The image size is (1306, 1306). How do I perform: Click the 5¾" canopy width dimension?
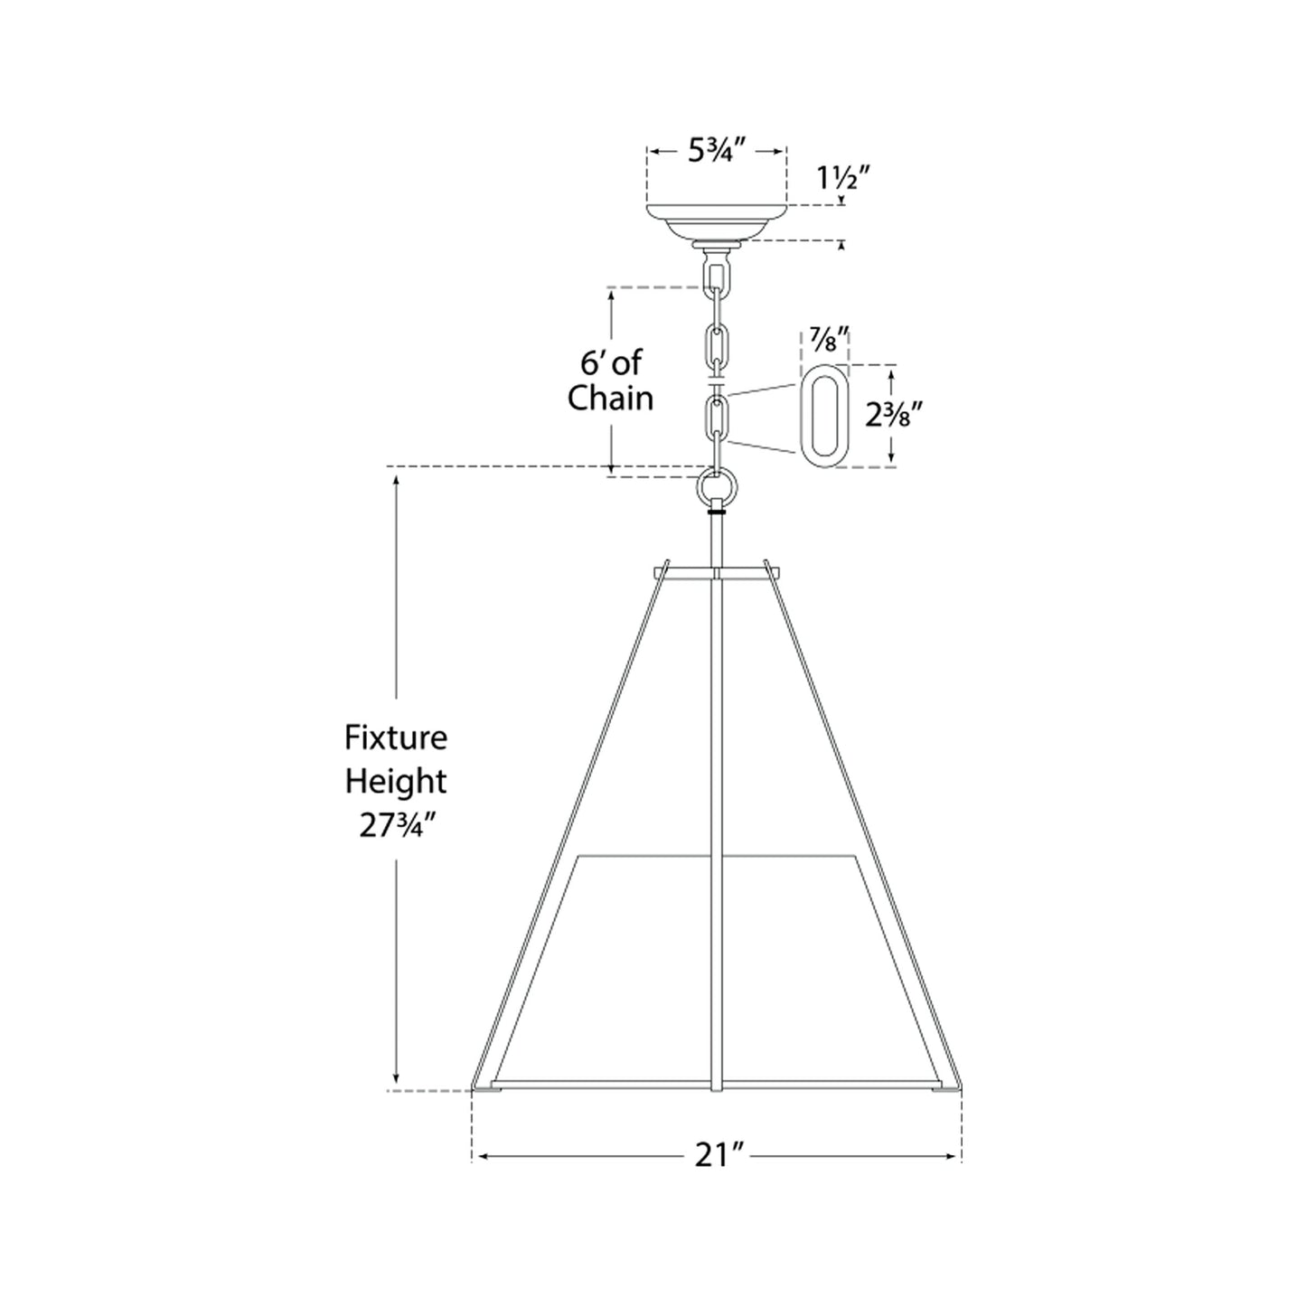(715, 151)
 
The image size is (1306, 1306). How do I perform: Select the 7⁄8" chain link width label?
(826, 342)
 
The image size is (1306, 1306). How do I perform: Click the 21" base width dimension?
(719, 1155)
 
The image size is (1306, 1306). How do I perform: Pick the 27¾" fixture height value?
(396, 826)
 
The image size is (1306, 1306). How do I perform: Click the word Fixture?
(396, 738)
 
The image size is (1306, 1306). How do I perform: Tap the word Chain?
(610, 398)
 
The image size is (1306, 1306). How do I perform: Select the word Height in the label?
(396, 782)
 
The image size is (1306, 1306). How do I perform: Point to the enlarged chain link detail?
(824, 416)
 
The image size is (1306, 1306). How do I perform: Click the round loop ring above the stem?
(718, 489)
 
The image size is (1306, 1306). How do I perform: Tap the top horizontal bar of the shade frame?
(715, 572)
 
